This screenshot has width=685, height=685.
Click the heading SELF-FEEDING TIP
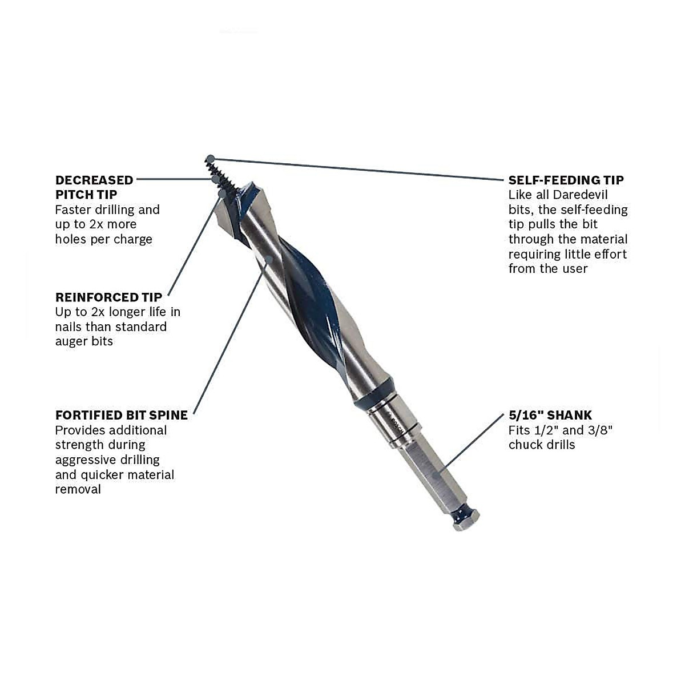pos(566,180)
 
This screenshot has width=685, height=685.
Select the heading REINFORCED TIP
pos(108,297)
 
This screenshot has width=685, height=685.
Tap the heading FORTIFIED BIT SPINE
pos(121,415)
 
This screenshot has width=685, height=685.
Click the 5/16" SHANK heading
pos(550,415)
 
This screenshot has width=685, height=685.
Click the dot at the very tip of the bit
pos(211,158)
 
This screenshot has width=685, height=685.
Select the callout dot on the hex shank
pos(436,473)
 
